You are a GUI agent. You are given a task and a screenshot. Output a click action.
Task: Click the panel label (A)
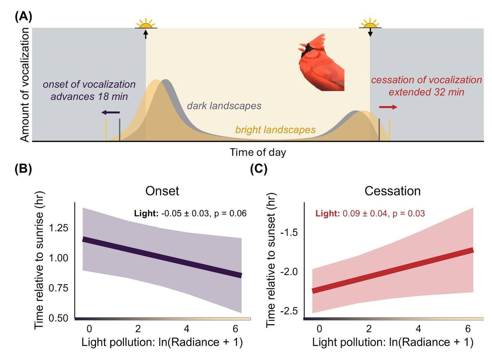click(x=23, y=17)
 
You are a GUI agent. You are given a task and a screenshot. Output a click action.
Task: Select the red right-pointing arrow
click(x=388, y=107)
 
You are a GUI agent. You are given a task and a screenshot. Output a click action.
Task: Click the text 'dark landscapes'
click(x=224, y=106)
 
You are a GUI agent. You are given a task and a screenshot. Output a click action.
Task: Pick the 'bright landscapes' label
click(x=275, y=130)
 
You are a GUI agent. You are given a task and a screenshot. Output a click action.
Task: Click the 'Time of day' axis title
click(x=258, y=153)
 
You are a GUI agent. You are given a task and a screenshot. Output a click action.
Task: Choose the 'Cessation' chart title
click(x=393, y=192)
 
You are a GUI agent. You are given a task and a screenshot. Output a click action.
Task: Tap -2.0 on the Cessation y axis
click(x=291, y=271)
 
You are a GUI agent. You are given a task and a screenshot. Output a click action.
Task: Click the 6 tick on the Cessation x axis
click(x=468, y=329)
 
